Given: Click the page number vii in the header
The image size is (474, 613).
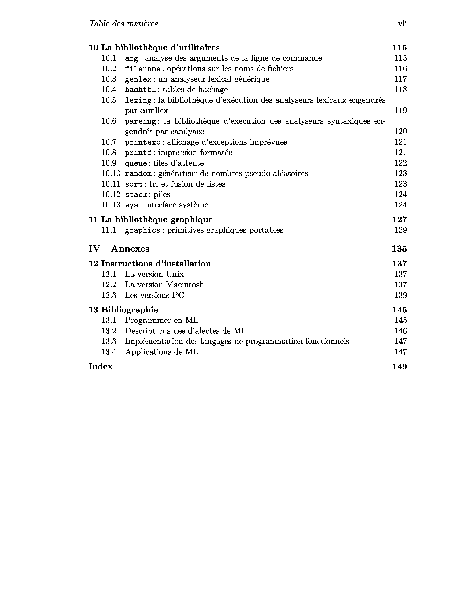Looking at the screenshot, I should click(x=402, y=24).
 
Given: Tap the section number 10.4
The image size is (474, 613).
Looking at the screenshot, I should click(x=109, y=90).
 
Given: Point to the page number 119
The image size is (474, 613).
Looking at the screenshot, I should click(x=400, y=111).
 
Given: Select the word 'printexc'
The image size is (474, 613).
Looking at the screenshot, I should click(x=143, y=142).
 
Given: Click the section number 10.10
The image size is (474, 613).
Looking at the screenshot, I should click(x=111, y=173).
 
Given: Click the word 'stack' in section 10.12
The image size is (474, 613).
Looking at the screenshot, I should click(x=136, y=194).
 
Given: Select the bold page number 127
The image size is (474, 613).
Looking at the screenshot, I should click(x=399, y=220).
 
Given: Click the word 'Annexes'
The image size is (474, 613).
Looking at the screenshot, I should click(x=130, y=249).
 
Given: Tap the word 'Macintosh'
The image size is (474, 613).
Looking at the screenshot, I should click(x=185, y=285).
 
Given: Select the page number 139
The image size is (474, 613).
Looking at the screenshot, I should click(x=400, y=295).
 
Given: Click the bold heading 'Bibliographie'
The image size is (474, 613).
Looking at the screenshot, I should click(x=130, y=310).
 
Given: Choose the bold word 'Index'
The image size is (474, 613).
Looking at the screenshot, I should click(x=101, y=366).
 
